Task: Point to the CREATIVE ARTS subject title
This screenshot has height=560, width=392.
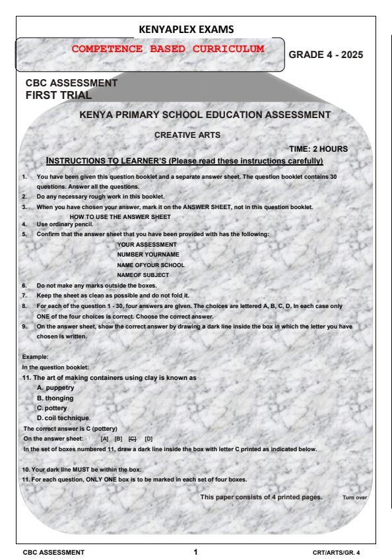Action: [189, 135]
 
